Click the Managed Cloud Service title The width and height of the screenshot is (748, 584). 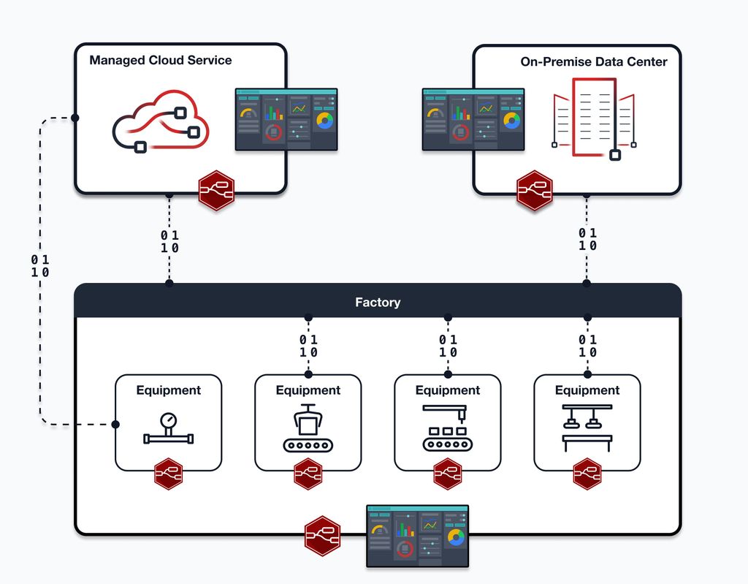pos(160,60)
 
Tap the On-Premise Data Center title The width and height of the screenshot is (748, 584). pos(593,61)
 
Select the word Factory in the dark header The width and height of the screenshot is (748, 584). pos(378,302)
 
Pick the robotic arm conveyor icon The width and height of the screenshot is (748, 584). pos(448,429)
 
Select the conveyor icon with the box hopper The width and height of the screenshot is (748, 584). pos(308,429)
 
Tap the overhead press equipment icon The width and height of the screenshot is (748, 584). pos(587,428)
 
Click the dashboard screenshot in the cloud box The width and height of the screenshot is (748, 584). pos(286,120)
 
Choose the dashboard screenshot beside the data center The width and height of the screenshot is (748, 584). pos(473,120)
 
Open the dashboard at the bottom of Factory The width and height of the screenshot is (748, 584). pos(417,536)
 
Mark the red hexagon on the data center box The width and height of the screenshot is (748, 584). pos(535,191)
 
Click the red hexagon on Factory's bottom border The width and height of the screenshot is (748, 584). pos(322,536)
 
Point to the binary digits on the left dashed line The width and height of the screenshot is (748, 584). pos(41,266)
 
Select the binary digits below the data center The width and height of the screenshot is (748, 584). pos(588,239)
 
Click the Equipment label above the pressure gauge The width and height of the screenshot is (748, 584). pos(169,390)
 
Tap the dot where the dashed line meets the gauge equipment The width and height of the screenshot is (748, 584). pos(115,424)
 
